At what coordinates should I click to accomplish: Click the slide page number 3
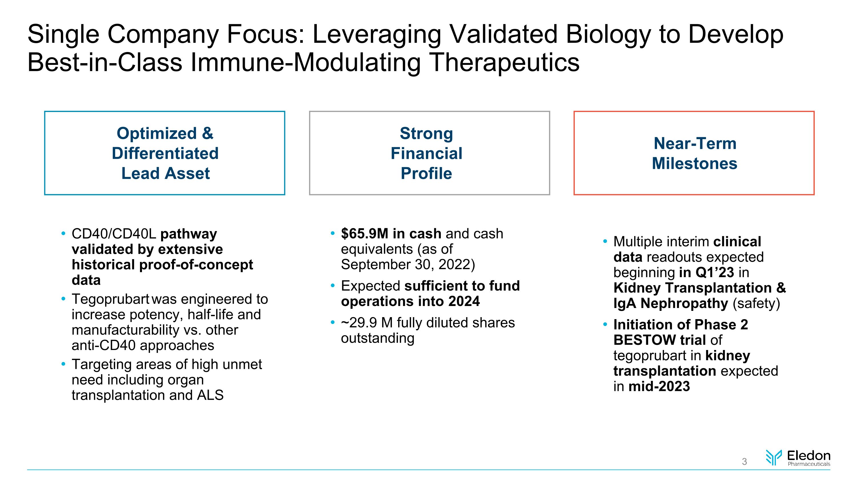coord(744,461)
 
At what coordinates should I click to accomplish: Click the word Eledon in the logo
coord(808,455)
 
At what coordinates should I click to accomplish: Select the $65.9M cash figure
coord(364,234)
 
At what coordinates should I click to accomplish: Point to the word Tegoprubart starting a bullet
coord(110,299)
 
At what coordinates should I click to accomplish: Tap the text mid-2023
coord(659,387)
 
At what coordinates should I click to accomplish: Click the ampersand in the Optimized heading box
coord(207,133)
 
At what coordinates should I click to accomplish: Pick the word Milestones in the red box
coord(694,164)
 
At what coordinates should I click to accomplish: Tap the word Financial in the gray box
coord(426,153)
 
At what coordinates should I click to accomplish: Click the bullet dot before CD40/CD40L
coord(63,233)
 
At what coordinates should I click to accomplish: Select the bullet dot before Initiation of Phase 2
coord(605,324)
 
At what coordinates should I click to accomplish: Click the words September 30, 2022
coord(408,265)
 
